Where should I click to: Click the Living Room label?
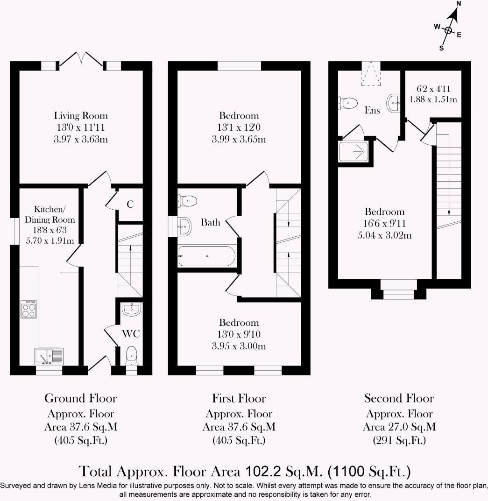(x=81, y=116)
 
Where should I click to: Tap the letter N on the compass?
(x=459, y=4)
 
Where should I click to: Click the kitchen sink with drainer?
(x=49, y=356)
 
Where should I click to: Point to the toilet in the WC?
(x=132, y=355)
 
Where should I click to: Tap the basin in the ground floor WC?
(x=132, y=309)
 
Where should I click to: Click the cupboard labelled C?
(x=130, y=204)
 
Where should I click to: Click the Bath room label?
(x=210, y=222)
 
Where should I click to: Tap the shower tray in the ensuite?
(x=354, y=151)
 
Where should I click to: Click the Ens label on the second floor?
(x=372, y=111)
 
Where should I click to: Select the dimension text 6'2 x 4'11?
(x=433, y=89)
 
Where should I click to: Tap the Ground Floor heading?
(x=80, y=398)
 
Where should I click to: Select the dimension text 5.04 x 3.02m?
(x=384, y=235)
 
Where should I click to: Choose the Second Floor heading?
(x=399, y=398)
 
